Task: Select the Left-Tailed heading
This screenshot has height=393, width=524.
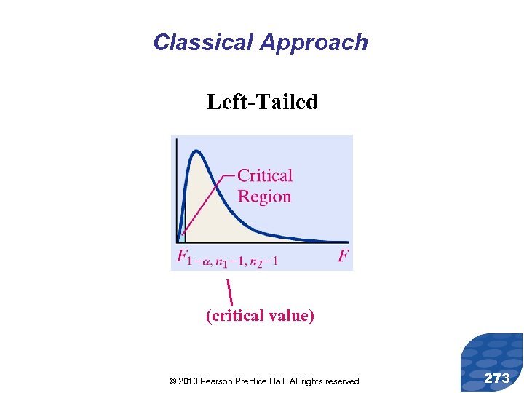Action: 262,102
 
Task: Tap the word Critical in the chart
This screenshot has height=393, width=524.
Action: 265,175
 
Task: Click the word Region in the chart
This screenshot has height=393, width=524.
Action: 264,196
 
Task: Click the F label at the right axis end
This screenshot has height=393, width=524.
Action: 343,256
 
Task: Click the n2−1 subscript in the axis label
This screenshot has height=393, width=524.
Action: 263,262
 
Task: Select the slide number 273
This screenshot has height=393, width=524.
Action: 497,378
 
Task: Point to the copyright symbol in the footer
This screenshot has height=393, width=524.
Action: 172,381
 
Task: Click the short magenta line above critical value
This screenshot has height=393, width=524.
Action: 229,292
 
